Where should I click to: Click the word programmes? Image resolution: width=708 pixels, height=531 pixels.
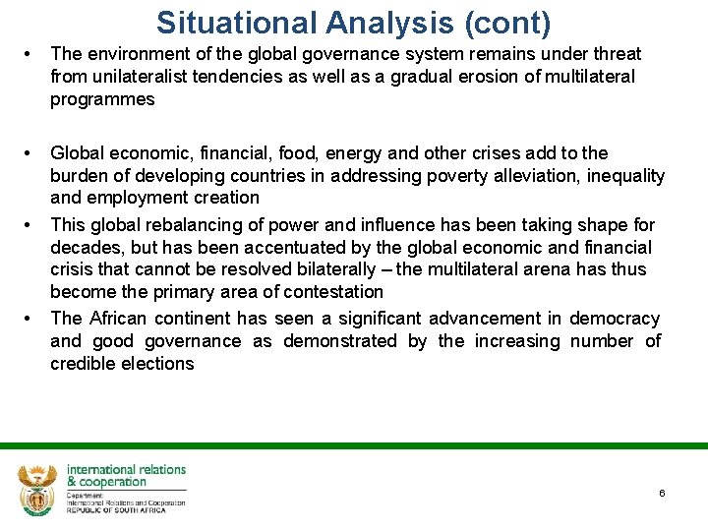pyautogui.click(x=102, y=99)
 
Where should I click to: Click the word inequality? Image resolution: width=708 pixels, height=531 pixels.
pyautogui.click(x=621, y=176)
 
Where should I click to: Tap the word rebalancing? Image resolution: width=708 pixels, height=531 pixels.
pyautogui.click(x=181, y=224)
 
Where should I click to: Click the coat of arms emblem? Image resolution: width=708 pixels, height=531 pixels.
pyautogui.click(x=36, y=489)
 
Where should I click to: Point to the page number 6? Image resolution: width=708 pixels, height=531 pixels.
pyautogui.click(x=662, y=493)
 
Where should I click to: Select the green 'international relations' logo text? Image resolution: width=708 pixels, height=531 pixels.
pyautogui.click(x=125, y=470)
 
